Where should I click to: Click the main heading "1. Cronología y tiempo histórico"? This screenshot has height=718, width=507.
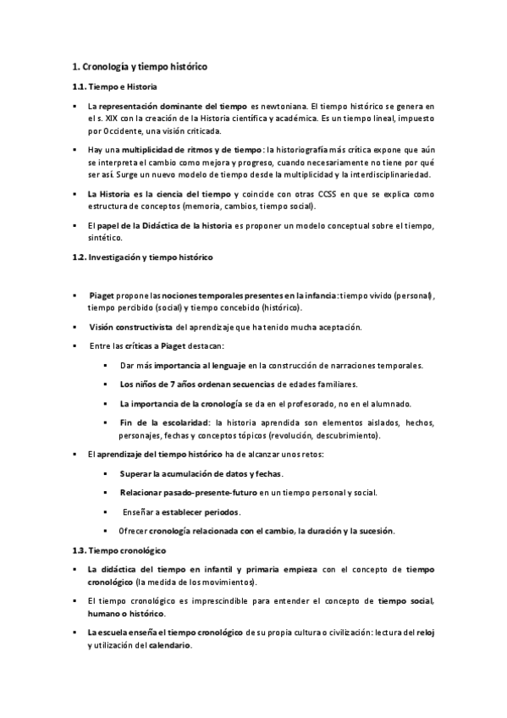(x=140, y=66)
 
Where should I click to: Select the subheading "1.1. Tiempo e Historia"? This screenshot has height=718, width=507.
(x=113, y=87)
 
